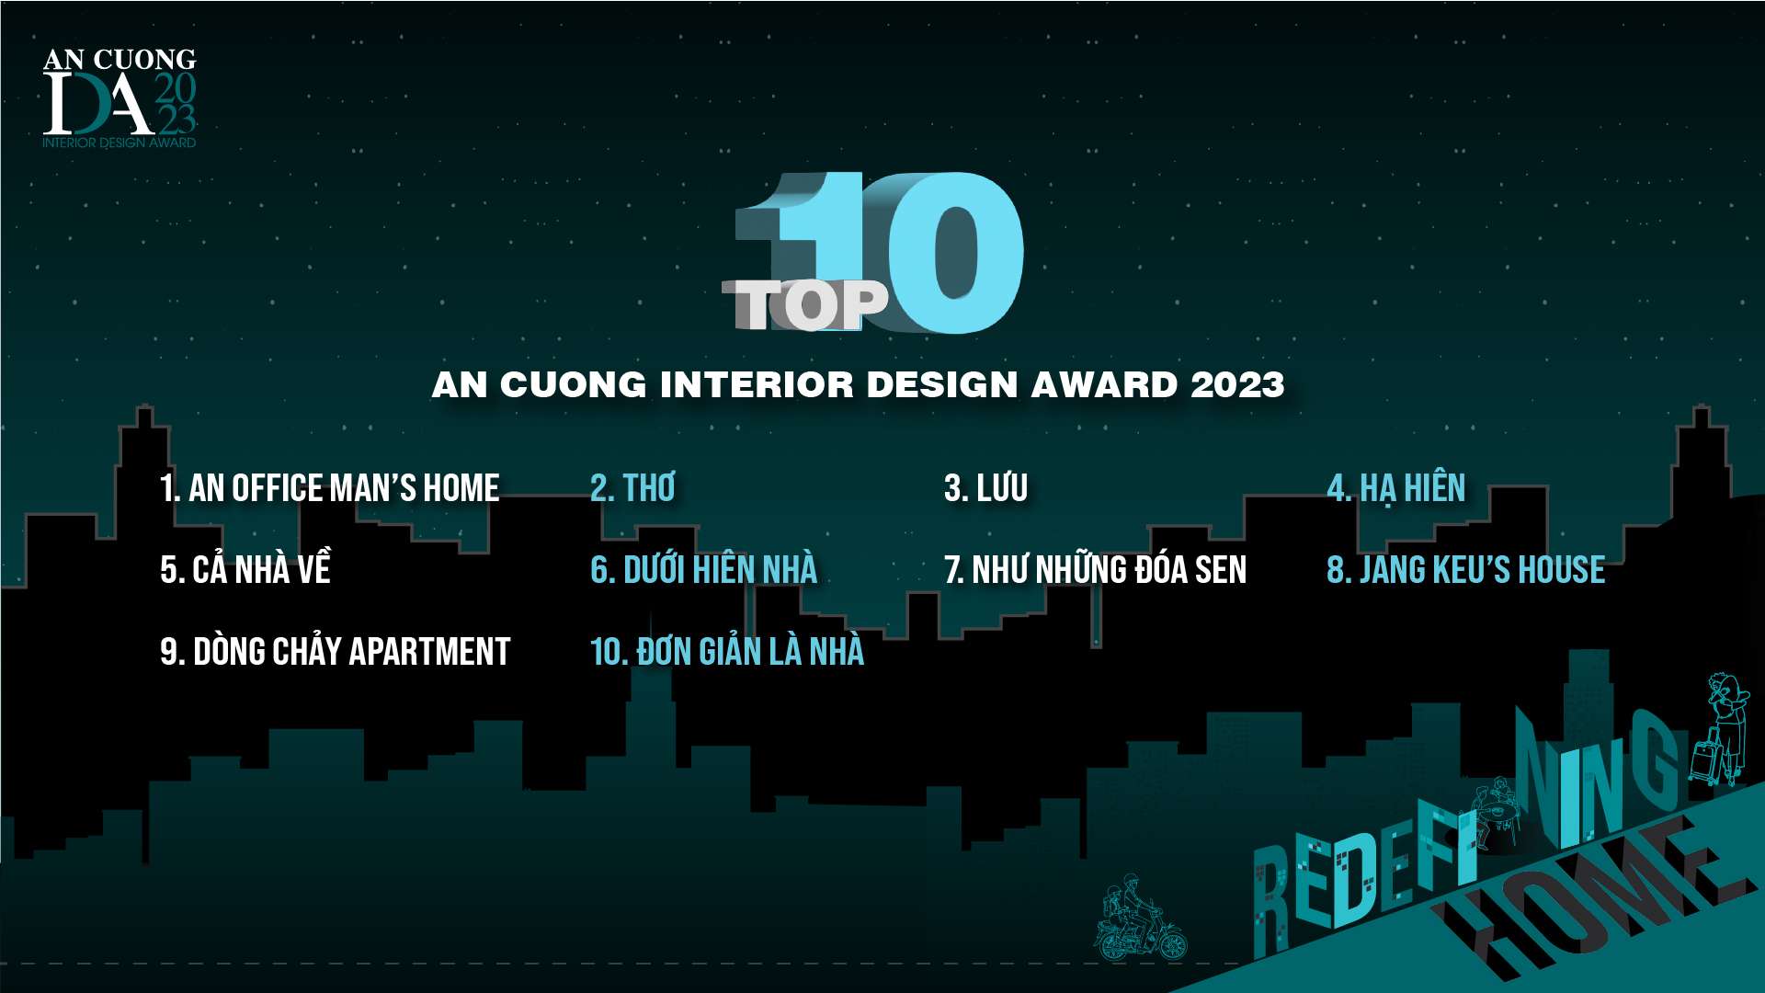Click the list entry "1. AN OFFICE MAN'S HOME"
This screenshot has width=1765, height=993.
pyautogui.click(x=329, y=488)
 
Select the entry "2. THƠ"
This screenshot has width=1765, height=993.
pyautogui.click(x=632, y=488)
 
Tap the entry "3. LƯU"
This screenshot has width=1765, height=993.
pyautogui.click(x=985, y=488)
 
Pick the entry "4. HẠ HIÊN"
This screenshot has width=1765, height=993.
pyautogui.click(x=1396, y=488)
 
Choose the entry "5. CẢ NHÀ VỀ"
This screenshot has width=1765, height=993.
pyautogui.click(x=245, y=568)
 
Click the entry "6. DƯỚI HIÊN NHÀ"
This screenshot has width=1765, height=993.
pyautogui.click(x=703, y=569)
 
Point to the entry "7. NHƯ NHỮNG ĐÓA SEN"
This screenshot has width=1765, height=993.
pyautogui.click(x=1095, y=569)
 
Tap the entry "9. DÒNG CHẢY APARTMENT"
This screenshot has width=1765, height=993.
pyautogui.click(x=335, y=651)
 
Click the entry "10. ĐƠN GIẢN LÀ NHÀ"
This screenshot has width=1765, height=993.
pyautogui.click(x=727, y=651)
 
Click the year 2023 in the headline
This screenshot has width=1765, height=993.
pyautogui.click(x=1237, y=384)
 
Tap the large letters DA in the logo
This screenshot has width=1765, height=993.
pyautogui.click(x=98, y=103)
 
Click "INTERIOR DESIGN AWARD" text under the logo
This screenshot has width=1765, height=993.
pyautogui.click(x=119, y=143)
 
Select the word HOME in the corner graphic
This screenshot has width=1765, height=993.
pyautogui.click(x=1590, y=896)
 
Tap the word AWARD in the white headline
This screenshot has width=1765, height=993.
pyautogui.click(x=1103, y=384)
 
